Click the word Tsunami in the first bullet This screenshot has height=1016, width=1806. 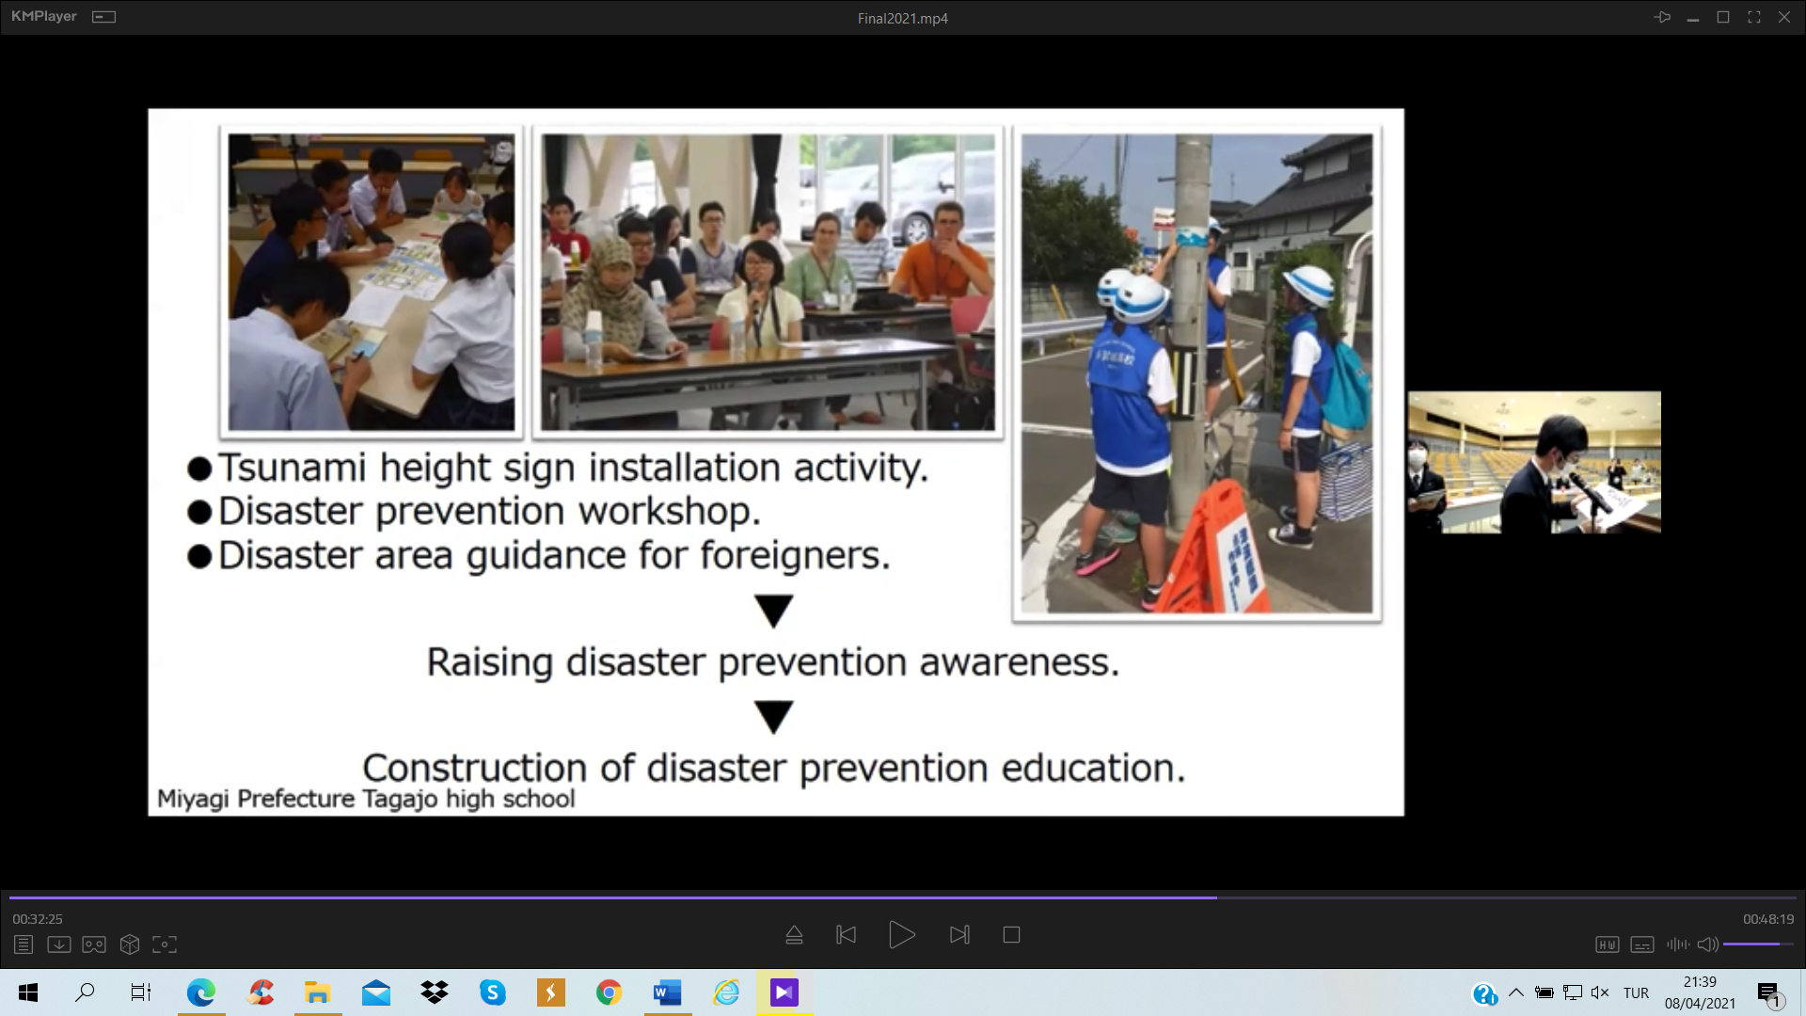tap(293, 468)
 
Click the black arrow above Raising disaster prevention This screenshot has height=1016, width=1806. tap(774, 611)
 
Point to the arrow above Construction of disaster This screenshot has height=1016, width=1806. tap(774, 717)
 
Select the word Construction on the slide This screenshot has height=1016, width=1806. tap(476, 768)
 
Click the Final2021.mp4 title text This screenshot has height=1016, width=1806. tap(902, 18)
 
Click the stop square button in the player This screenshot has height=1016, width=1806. tap(1011, 935)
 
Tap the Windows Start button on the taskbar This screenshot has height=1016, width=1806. tap(28, 992)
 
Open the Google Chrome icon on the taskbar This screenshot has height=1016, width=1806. tap(609, 992)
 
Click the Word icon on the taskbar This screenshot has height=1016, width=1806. tap(667, 992)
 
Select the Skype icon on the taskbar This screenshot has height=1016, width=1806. tap(492, 992)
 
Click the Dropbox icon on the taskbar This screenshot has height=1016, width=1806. tap(435, 992)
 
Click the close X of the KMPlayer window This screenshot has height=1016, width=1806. tap(1783, 17)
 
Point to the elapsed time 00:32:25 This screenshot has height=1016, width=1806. tap(38, 919)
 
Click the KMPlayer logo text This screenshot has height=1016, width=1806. tap(44, 17)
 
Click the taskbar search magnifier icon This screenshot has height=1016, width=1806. tap(85, 992)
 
